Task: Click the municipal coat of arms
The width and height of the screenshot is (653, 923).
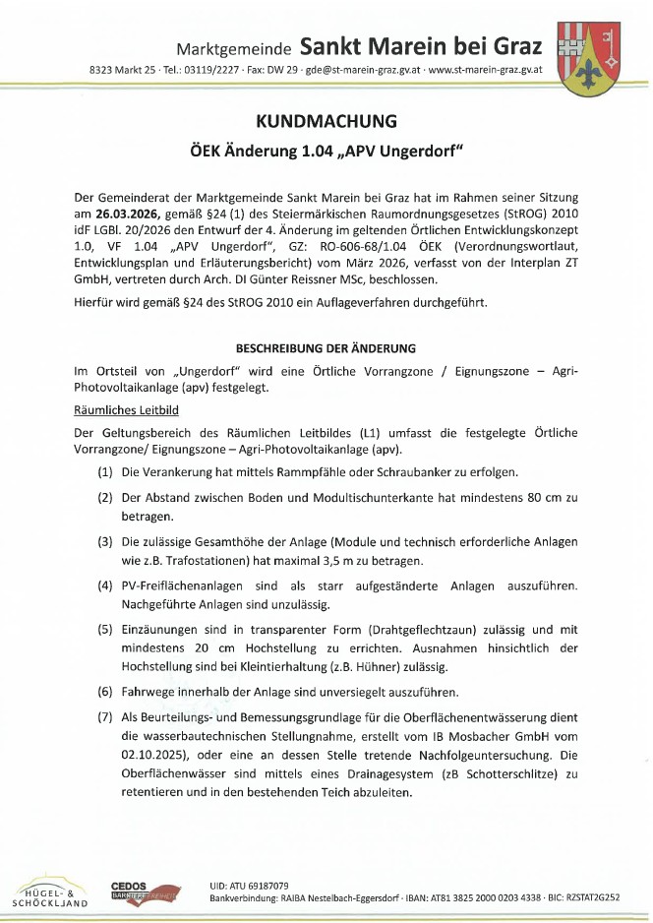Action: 588,59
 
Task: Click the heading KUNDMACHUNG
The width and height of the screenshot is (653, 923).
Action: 326,122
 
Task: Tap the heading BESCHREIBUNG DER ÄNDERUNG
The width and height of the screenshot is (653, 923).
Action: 326,348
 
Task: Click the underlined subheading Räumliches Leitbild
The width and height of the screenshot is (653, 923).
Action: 126,409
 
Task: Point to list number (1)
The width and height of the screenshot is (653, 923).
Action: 104,472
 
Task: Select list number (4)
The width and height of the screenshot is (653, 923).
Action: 104,585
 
